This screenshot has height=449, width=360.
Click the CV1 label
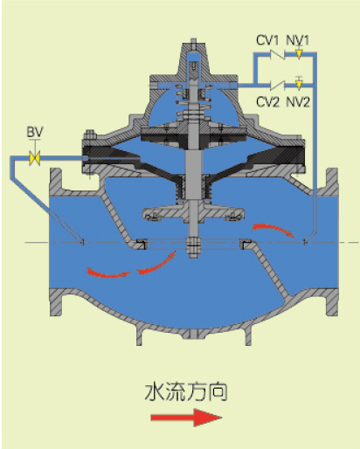point(267,40)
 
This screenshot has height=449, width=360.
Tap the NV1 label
point(297,40)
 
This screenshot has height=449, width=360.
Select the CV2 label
point(267,102)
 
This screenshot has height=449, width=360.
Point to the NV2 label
point(298,102)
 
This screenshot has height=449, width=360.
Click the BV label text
point(35,132)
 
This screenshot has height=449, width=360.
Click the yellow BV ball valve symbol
point(35,158)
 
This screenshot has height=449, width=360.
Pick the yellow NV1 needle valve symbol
point(299,54)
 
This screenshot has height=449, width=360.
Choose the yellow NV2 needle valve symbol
point(299,84)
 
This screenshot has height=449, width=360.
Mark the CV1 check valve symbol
point(276,54)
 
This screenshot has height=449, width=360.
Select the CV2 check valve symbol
point(276,85)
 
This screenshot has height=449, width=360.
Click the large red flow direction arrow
point(186,418)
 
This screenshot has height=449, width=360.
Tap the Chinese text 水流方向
point(186,392)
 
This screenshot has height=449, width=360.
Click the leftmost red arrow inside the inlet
point(108,273)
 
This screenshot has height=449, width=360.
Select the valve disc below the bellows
point(193,213)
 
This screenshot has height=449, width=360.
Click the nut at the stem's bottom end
point(193,247)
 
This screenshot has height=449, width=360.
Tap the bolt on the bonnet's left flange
point(90,135)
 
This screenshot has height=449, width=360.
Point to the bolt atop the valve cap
point(193,44)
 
